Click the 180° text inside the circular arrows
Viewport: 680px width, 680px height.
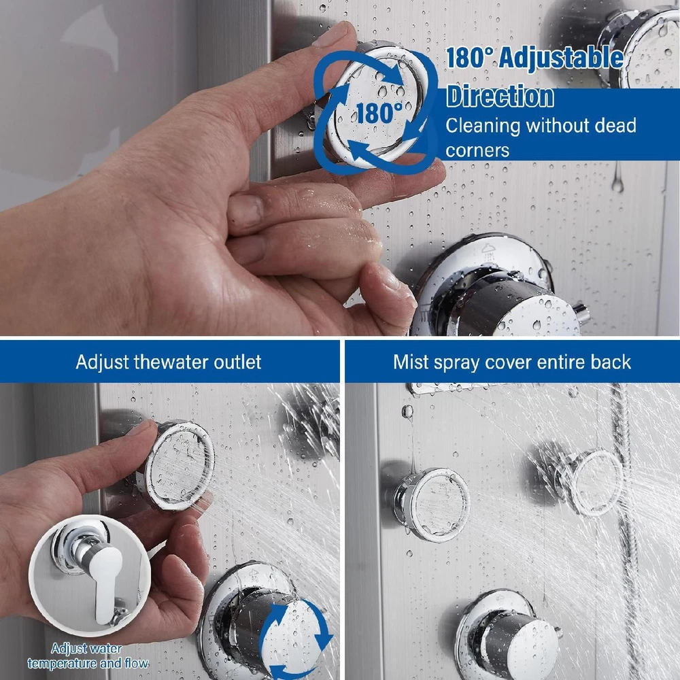click(x=379, y=112)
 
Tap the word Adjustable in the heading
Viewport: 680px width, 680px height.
click(x=561, y=58)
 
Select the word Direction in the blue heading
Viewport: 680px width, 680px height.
click(x=500, y=96)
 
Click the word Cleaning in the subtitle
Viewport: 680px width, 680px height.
click(x=482, y=126)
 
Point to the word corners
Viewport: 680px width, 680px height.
click(x=477, y=151)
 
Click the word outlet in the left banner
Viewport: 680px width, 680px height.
click(x=237, y=362)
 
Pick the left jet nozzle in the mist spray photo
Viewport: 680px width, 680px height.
click(x=432, y=505)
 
